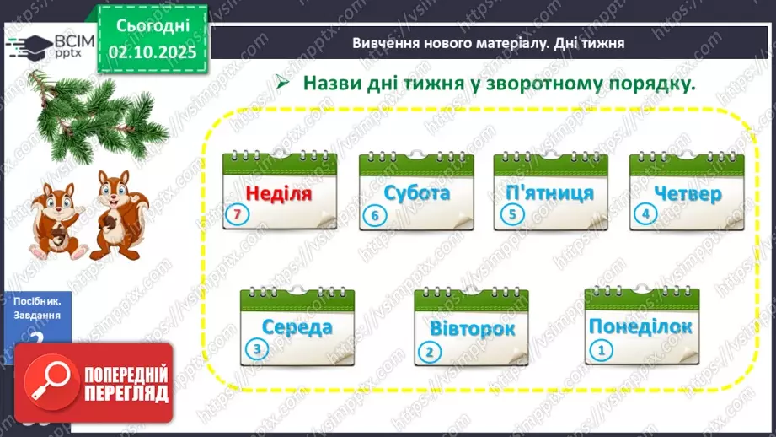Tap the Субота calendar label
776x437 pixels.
point(416,192)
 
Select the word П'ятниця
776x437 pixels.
point(551,192)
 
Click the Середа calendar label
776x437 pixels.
point(297,327)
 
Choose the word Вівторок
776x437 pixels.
point(472,329)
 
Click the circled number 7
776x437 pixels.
point(238,216)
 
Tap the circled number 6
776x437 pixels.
point(375,216)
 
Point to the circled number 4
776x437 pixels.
point(647,214)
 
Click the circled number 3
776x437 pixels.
point(255,350)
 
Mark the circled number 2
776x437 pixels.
point(431,352)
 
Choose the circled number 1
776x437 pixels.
point(601,350)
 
